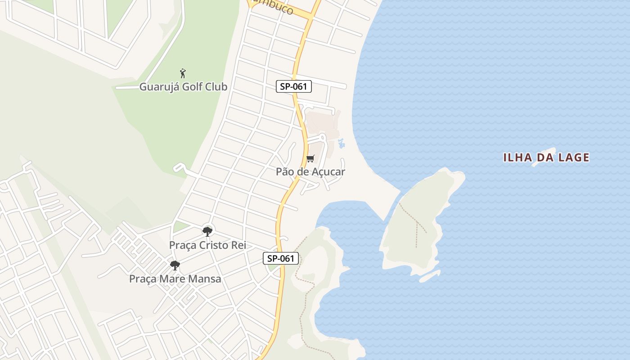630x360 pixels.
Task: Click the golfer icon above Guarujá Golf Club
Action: click(183, 73)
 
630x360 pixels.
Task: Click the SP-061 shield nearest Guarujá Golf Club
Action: click(294, 86)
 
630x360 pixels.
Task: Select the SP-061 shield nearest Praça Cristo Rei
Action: click(281, 258)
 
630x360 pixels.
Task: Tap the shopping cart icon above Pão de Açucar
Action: click(310, 158)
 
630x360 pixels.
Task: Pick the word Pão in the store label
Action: click(285, 172)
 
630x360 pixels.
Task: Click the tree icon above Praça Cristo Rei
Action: click(207, 232)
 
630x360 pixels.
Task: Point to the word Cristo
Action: click(215, 245)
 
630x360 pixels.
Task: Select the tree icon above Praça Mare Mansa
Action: click(175, 265)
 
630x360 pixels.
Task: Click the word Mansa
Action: click(205, 279)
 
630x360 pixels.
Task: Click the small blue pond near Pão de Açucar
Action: click(341, 144)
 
